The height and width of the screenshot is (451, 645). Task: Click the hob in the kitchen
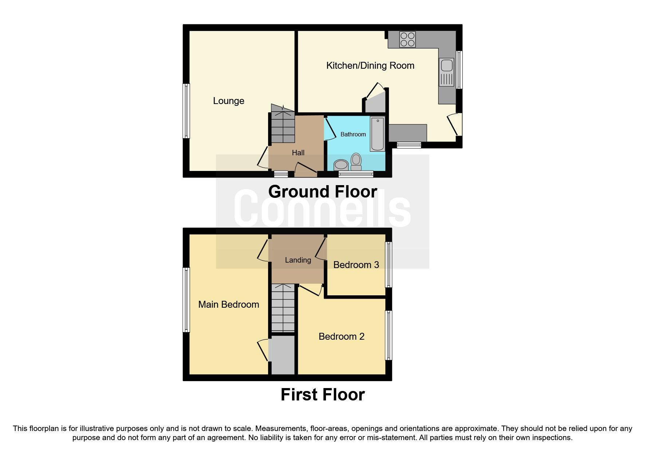pyautogui.click(x=407, y=40)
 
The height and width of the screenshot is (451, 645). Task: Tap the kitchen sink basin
pyautogui.click(x=447, y=66)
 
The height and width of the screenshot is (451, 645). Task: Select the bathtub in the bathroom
pyautogui.click(x=377, y=134)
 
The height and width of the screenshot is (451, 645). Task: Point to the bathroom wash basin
pyautogui.click(x=341, y=165)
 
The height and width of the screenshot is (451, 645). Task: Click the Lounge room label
pyautogui.click(x=228, y=101)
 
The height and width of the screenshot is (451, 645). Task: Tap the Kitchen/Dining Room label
pyautogui.click(x=370, y=65)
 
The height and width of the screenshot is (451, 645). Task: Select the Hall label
pyautogui.click(x=298, y=153)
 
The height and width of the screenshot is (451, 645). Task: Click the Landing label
pyautogui.click(x=298, y=260)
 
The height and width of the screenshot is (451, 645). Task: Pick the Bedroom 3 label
pyautogui.click(x=356, y=265)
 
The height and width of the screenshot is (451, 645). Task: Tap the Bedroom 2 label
pyautogui.click(x=341, y=336)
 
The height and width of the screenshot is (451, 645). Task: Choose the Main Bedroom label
pyautogui.click(x=228, y=304)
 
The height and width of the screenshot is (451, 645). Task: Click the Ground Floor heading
pyautogui.click(x=322, y=192)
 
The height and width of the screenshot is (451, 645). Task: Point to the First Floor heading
pyautogui.click(x=322, y=395)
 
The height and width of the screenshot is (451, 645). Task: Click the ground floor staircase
pyautogui.click(x=283, y=125)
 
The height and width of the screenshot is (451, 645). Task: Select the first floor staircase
pyautogui.click(x=283, y=308)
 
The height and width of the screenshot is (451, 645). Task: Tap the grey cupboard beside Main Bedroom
pyautogui.click(x=283, y=355)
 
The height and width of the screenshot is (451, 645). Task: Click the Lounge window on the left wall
pyautogui.click(x=186, y=111)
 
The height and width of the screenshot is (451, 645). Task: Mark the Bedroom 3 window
pyautogui.click(x=389, y=265)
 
